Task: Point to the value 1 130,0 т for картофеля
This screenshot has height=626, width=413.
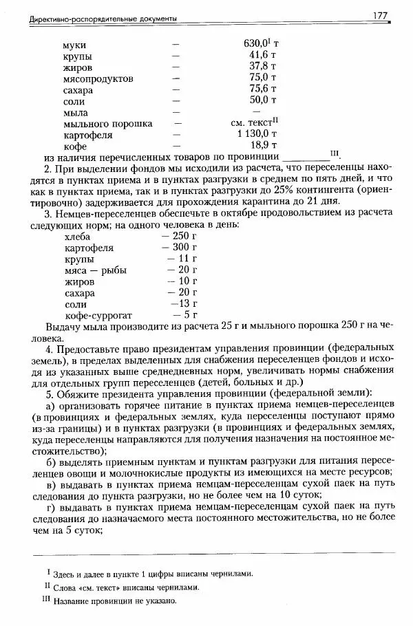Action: pos(257,134)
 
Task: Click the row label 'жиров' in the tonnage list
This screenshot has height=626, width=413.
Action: pos(78,67)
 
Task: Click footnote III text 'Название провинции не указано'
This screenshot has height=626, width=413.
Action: pos(118,601)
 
